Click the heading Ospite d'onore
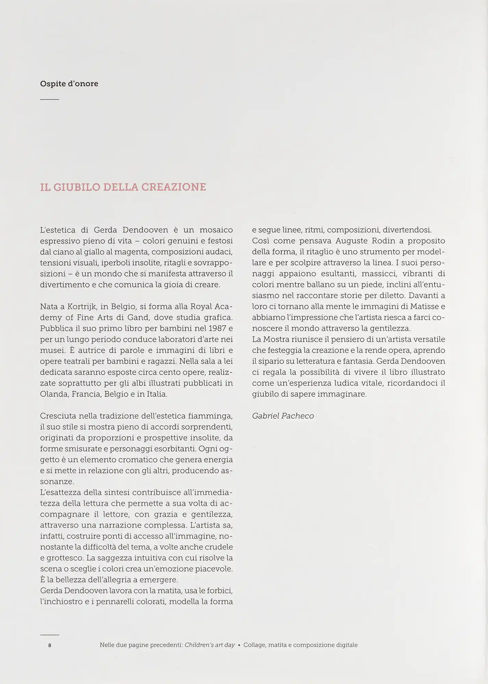pos(69,84)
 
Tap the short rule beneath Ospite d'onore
pos(49,100)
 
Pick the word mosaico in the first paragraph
pos(216,230)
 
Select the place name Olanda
pos(54,394)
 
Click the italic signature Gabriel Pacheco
pos(283,416)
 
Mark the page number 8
pos(50,645)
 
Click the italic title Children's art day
pos(210,645)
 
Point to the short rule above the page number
pos(49,635)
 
